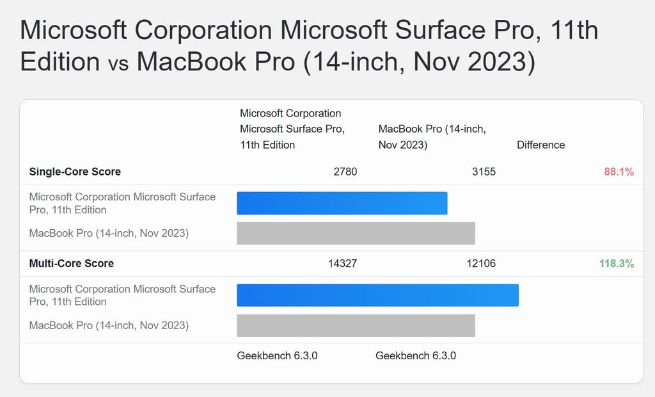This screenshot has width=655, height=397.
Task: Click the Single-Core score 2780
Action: [x=345, y=172]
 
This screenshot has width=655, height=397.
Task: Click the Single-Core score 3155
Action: [x=484, y=172]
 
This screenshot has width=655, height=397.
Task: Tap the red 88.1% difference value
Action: [x=619, y=172]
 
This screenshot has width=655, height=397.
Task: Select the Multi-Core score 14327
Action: [x=342, y=263]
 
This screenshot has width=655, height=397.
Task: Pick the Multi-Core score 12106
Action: [x=481, y=263]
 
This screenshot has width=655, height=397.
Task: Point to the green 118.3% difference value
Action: [x=616, y=263]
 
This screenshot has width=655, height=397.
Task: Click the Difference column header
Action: [x=541, y=145]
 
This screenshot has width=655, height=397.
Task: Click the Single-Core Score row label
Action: [x=75, y=172]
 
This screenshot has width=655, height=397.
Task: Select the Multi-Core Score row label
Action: [x=72, y=263]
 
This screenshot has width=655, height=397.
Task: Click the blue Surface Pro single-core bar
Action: [x=342, y=203]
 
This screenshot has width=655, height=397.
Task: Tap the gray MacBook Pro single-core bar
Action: [x=356, y=233]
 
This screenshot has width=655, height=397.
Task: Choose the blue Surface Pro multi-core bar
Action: [x=377, y=295]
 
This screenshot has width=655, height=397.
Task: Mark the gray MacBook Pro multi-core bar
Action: [x=356, y=325]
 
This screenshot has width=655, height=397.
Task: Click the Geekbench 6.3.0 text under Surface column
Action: [x=277, y=356]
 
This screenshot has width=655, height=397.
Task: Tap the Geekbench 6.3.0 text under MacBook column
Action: [x=416, y=356]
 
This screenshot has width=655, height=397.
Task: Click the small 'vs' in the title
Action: [x=118, y=63]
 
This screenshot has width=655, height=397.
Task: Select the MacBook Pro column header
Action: [x=432, y=136]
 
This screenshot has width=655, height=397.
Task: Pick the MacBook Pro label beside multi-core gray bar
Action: [x=109, y=325]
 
